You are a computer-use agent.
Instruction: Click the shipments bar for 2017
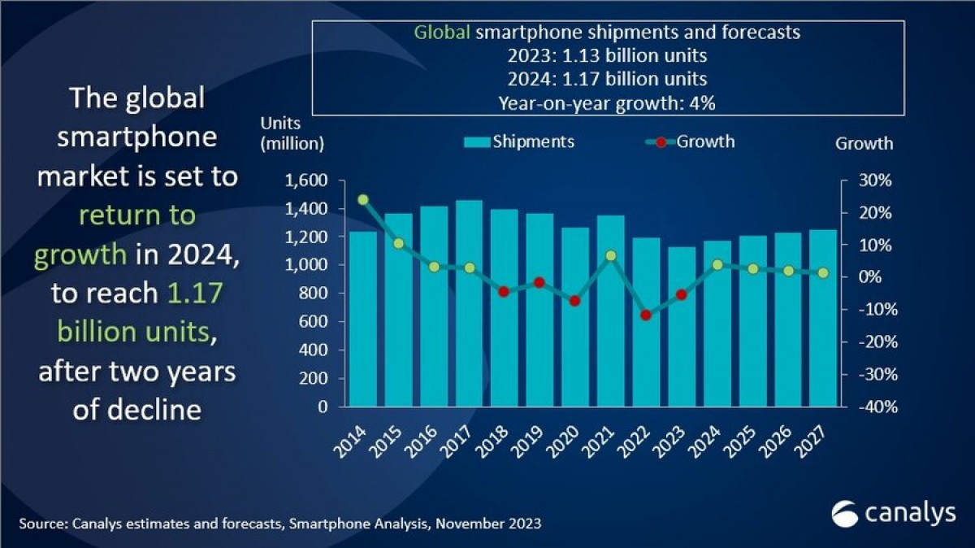pyautogui.click(x=469, y=309)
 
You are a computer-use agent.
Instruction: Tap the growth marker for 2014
pyautogui.click(x=363, y=199)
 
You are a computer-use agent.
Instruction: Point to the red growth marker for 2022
pyautogui.click(x=646, y=315)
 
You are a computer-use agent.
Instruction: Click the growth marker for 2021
pyautogui.click(x=611, y=255)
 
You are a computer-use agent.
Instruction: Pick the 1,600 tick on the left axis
pyautogui.click(x=306, y=180)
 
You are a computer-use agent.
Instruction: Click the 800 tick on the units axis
pyautogui.click(x=312, y=294)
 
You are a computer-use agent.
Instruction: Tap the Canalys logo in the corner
pyautogui.click(x=890, y=515)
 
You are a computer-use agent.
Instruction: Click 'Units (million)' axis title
pyautogui.click(x=292, y=134)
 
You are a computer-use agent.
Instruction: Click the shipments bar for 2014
pyautogui.click(x=363, y=321)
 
